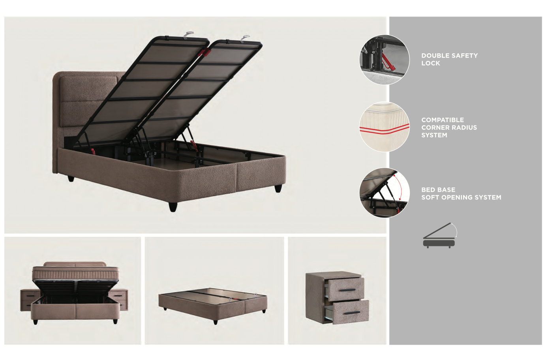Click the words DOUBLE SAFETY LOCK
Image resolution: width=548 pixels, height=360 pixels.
[449, 59]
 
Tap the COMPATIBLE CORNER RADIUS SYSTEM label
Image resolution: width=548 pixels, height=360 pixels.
[449, 127]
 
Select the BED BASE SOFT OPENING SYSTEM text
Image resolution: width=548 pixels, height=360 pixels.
[461, 193]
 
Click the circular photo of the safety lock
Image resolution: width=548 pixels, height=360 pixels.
[384, 60]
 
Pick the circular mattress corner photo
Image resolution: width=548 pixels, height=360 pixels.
[384, 127]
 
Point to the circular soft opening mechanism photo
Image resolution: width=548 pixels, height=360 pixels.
[384, 193]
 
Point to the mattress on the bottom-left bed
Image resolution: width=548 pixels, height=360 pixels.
[75, 273]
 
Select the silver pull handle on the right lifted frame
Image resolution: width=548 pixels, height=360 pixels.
[245, 38]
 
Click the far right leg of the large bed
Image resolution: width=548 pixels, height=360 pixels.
[278, 188]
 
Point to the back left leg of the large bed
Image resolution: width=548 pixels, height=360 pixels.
[71, 178]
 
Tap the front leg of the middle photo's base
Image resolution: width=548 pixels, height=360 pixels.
[215, 322]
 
